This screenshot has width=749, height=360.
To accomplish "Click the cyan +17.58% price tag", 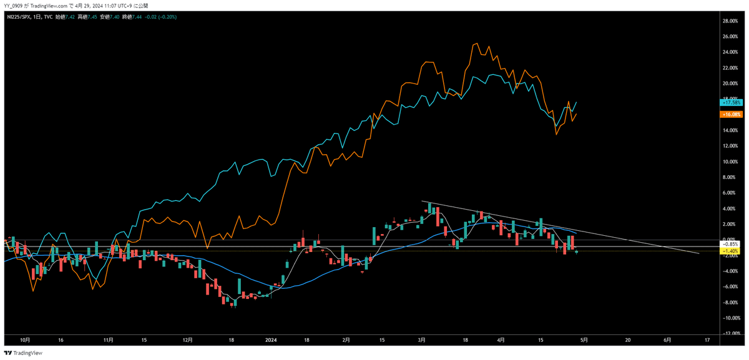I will coord(731,102).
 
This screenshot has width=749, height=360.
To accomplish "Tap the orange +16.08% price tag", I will coord(731,114).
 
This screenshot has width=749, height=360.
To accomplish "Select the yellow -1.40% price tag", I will coord(731,251).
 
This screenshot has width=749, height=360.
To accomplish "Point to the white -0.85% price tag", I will coord(731,244).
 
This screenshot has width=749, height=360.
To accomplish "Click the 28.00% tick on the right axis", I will coord(730,21).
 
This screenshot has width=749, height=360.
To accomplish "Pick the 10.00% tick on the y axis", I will coord(730,162).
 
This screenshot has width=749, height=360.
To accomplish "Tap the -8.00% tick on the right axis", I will coord(730,302).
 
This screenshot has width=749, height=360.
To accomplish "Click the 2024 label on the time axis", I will coord(271,340).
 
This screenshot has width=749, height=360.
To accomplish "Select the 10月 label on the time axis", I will coord(25,340).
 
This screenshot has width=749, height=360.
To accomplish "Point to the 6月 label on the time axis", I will coord(667,340).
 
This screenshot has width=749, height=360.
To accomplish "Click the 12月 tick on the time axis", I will coord(188,340).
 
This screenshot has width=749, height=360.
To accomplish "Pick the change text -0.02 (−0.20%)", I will coord(164,17).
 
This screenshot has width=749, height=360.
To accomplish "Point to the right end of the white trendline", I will coord(698,254).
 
